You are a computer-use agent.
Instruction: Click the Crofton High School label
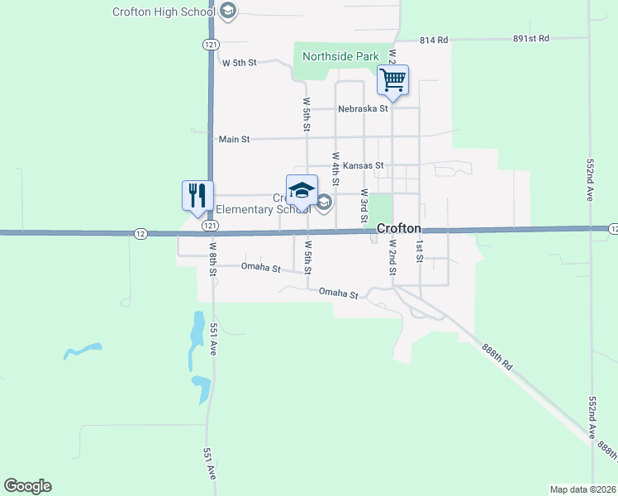(x=164, y=11)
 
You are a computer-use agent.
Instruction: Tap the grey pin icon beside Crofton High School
(x=229, y=11)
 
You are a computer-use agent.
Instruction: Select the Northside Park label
(x=340, y=57)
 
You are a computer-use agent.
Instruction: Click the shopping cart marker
(x=393, y=81)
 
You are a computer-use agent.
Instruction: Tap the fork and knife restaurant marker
(x=197, y=197)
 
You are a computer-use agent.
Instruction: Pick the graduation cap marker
(x=302, y=191)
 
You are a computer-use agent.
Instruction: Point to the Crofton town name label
(x=400, y=228)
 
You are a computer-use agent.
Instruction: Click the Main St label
(x=234, y=140)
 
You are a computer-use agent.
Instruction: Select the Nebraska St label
(x=363, y=108)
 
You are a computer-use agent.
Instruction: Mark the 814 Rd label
(x=433, y=39)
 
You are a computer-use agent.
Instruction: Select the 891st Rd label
(x=530, y=38)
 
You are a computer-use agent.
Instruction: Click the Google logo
(x=27, y=486)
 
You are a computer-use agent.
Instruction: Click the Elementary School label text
(x=255, y=209)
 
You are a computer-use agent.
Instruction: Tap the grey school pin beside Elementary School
(x=325, y=203)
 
